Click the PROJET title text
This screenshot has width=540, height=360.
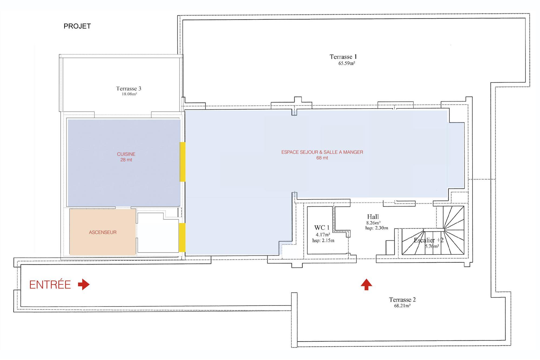coord(77,26)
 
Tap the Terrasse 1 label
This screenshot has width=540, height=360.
coord(343,57)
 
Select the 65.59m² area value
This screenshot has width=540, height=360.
coord(347,63)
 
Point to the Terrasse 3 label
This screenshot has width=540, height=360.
coord(129,88)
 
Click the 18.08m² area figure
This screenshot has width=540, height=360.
coord(129,94)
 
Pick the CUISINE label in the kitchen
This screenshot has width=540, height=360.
coord(126,154)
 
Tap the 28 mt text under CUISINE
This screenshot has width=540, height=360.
coord(126,160)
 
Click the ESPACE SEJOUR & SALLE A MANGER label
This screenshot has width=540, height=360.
coord(322,152)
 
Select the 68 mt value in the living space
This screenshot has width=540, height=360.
coord(322,158)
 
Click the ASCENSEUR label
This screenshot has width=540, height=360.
coord(103,232)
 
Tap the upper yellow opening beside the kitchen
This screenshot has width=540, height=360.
coord(183,162)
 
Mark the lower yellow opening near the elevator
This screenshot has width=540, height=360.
coord(182,238)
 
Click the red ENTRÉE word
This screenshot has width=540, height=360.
coord(50,285)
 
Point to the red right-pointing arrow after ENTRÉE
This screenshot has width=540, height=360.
coord(84,284)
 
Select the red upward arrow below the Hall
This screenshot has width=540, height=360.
coord(366,285)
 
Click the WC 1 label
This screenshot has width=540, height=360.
coord(322,227)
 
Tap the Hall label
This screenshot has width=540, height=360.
coord(373,217)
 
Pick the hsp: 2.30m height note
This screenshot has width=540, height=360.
coord(377,228)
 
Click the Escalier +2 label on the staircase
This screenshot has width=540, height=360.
coord(429,240)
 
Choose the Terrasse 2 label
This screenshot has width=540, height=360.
coord(402,300)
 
